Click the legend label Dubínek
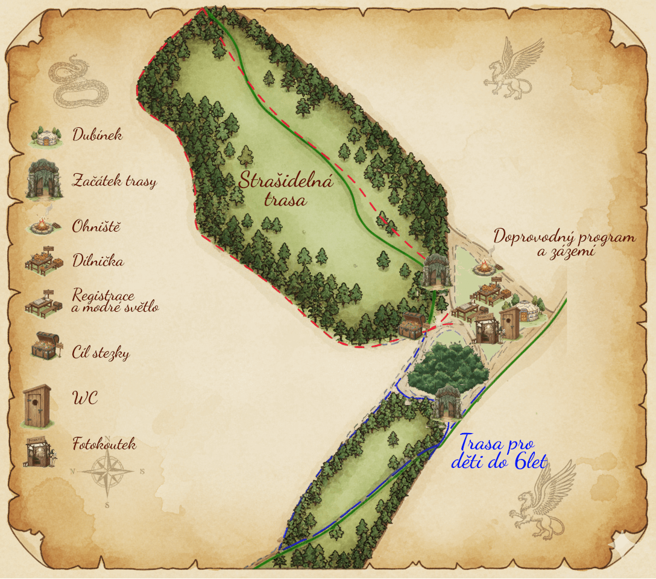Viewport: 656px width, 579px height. click(97, 134)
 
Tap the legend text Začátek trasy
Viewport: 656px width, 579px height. click(114, 180)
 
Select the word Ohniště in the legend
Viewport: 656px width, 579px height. click(96, 227)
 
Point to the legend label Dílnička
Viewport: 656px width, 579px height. click(98, 261)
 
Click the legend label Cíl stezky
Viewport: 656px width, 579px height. click(101, 353)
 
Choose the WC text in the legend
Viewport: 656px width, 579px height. click(85, 399)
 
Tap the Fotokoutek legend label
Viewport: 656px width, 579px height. click(104, 445)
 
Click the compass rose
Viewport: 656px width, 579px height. click(107, 471)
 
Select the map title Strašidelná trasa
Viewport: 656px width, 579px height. click(277, 189)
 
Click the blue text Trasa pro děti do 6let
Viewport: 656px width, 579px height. click(499, 453)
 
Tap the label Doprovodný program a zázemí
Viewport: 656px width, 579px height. click(564, 243)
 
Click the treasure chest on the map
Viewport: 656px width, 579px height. click(412, 325)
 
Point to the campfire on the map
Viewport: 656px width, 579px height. click(484, 267)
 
